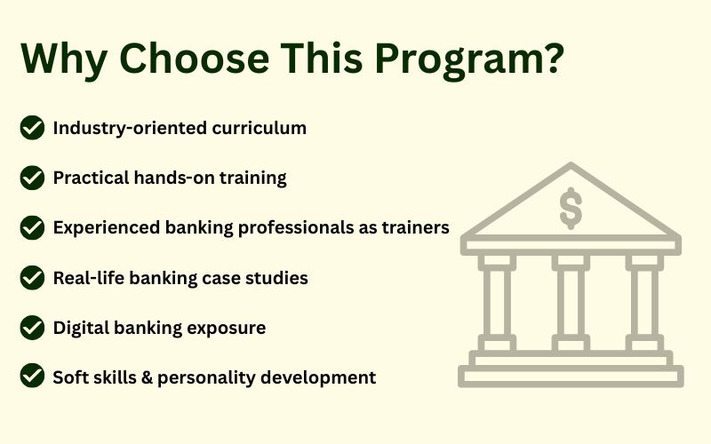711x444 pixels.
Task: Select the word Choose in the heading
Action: click(194, 58)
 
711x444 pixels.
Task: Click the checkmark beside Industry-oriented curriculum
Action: click(32, 127)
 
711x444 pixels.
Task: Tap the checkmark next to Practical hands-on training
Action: click(32, 177)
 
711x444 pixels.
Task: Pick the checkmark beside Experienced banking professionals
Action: click(32, 227)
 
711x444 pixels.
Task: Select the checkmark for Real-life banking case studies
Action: click(32, 277)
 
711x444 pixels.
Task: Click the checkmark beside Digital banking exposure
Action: click(32, 327)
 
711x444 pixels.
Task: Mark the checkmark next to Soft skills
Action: click(32, 376)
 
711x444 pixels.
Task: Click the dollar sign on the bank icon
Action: click(571, 209)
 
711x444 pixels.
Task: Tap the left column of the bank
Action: click(497, 303)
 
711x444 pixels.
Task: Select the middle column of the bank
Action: click(571, 303)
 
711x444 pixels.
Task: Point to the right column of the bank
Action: click(644, 303)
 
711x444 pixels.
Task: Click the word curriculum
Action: click(259, 128)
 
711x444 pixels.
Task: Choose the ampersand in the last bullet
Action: click(147, 377)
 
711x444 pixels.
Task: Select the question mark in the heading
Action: click(554, 58)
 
